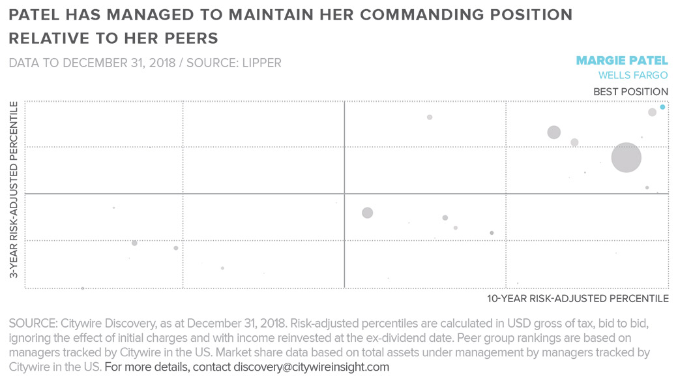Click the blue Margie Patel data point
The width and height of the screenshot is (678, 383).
[662, 107]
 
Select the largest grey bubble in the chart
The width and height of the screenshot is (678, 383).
[626, 157]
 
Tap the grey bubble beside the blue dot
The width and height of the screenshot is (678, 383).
[652, 112]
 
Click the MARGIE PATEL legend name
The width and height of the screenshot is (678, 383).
[622, 61]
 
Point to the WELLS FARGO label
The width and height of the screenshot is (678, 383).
[632, 76]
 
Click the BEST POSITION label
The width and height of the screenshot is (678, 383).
[630, 92]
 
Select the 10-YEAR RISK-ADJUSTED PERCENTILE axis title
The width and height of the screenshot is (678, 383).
[578, 299]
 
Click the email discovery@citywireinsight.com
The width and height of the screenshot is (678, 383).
[311, 367]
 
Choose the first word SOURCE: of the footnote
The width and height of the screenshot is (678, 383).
[33, 324]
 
